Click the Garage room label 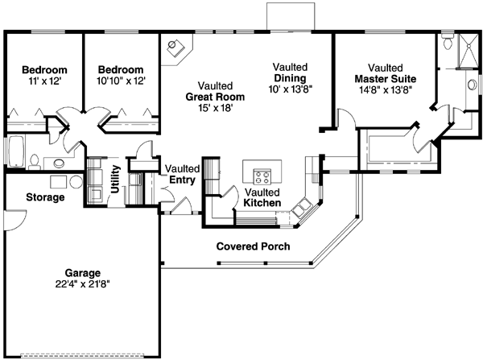click(83, 273)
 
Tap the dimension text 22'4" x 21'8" click(83, 283)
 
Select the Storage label click(45, 197)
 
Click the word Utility click(115, 180)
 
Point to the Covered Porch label click(254, 246)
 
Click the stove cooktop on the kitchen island click(262, 176)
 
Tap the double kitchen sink click(302, 208)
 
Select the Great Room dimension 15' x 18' click(215, 108)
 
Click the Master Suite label click(386, 79)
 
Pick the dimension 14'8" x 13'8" click(386, 90)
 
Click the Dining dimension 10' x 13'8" click(291, 89)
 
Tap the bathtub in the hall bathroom click(16, 151)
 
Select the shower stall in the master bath click(469, 51)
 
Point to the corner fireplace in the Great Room click(176, 48)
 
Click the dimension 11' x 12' click(44, 81)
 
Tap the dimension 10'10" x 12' click(121, 81)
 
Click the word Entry click(182, 180)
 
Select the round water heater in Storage click(76, 182)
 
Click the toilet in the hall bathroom click(35, 162)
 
